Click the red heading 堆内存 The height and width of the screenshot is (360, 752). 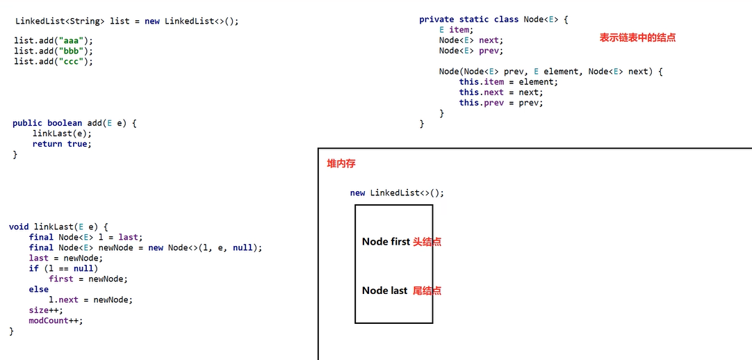coord(341,163)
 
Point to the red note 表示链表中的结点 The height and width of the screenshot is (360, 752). coord(637,38)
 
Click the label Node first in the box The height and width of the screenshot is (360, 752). coord(386,242)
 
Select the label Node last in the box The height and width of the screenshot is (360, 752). coord(384,291)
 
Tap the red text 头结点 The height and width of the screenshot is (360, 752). coord(427,242)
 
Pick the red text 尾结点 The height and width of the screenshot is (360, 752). coord(427,291)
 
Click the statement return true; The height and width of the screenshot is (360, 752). coord(62,144)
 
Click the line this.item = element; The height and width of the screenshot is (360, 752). coord(508,82)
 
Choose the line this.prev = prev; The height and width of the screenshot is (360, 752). coord(500,103)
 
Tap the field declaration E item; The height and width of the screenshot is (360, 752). coord(456,30)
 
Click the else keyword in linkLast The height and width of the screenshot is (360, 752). coord(39,289)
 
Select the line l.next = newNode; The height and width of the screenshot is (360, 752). coord(90,300)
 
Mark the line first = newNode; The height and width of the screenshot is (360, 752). coord(88,279)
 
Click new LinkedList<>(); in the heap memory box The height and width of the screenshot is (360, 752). coord(397,193)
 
